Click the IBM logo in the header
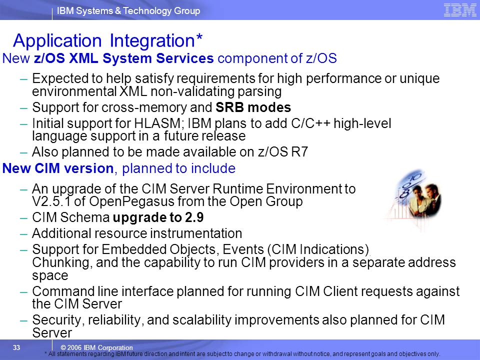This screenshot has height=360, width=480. click(460, 10)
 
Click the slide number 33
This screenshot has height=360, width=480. click(16, 347)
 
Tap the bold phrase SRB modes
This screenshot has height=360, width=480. click(253, 107)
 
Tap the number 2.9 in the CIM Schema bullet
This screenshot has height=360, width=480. click(194, 217)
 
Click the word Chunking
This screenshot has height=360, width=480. click(62, 263)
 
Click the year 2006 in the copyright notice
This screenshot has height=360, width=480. click(74, 347)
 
